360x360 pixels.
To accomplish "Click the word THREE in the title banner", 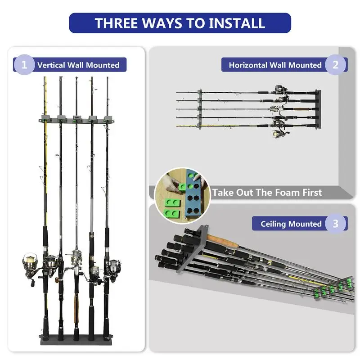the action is pyautogui.click(x=116, y=23).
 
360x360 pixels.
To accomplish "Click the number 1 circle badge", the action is pyautogui.click(x=24, y=65).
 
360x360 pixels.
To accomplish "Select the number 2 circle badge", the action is pyautogui.click(x=335, y=65).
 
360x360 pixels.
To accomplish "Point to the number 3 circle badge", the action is pyautogui.click(x=335, y=223).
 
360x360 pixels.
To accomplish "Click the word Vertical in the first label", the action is pyautogui.click(x=51, y=65).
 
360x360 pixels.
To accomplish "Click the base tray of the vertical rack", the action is pyautogui.click(x=76, y=340).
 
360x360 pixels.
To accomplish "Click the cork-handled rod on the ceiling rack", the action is pyautogui.click(x=223, y=241).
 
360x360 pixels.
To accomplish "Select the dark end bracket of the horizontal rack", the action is pyautogui.click(x=318, y=109).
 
